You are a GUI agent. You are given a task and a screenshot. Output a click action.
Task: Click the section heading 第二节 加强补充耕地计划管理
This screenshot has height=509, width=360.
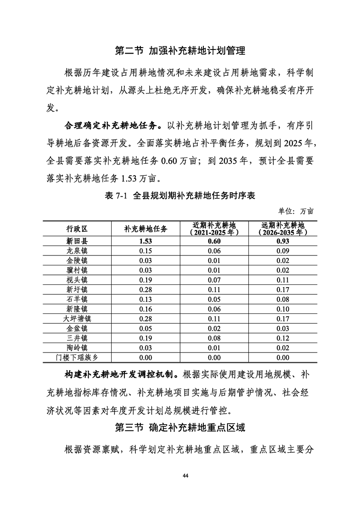180,50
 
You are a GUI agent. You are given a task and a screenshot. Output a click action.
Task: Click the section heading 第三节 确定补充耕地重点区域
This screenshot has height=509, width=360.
180,427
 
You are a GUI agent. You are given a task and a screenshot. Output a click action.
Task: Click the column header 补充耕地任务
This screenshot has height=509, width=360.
146,229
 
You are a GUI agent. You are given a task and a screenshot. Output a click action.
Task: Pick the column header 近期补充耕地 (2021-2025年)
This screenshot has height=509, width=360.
214,229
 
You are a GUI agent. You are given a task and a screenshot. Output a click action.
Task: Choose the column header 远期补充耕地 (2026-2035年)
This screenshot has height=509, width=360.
283,229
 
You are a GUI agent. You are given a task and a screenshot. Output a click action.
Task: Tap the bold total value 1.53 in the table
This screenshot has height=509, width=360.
146,241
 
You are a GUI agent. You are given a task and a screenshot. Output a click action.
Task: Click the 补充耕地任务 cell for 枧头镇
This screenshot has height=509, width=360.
146,279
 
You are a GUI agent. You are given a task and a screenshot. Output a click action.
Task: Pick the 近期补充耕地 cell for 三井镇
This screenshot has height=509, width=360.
214,338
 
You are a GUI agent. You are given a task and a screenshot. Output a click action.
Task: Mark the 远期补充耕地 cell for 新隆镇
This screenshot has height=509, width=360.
283,308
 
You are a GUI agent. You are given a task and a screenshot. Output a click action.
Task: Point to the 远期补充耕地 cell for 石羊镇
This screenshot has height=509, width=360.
283,299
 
